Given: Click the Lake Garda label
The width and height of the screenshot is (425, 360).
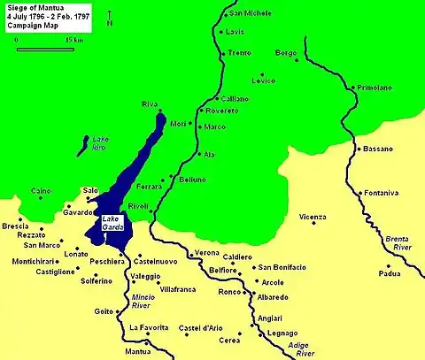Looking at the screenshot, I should click(x=112, y=224).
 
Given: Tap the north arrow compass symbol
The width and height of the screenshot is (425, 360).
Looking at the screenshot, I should click(x=108, y=19).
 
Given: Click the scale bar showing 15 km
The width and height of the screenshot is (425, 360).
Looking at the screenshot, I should click(x=45, y=47).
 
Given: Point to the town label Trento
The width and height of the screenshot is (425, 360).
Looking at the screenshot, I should click(x=240, y=53).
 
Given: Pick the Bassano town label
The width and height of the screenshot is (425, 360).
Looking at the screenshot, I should click(x=378, y=149).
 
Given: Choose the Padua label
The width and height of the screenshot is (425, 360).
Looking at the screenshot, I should click(x=390, y=273).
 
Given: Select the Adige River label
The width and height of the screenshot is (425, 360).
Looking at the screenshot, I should click(x=305, y=349).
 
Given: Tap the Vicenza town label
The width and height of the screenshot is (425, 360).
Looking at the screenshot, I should click(x=313, y=217).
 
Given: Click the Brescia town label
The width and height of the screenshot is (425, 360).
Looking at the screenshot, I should click(x=16, y=226).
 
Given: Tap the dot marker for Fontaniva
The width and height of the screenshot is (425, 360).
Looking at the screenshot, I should click(x=360, y=192).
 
